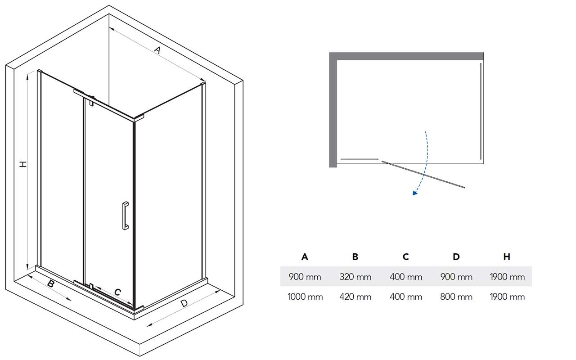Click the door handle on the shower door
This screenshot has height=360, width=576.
tap(125, 216)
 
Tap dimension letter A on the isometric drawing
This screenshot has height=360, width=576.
tap(157, 49)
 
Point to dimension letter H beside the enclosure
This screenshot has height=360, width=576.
tap(23, 164)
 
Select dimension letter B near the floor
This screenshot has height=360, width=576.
tap(51, 283)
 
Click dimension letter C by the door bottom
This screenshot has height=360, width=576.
tap(117, 292)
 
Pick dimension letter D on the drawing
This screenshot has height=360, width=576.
tap(184, 303)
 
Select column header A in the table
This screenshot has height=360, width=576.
tap(305, 256)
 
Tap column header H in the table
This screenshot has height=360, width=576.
tap(507, 256)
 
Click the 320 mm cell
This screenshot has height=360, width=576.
tap(355, 277)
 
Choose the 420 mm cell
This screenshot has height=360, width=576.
tap(355, 297)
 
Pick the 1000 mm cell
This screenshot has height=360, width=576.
tap(305, 297)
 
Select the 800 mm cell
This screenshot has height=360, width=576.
tap(456, 297)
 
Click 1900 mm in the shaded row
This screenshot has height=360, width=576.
tap(507, 277)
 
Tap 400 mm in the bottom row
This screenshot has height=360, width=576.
tap(406, 297)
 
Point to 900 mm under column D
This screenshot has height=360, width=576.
tap(456, 277)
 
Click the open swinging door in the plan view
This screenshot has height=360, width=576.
tap(423, 174)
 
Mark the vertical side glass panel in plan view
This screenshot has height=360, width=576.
tap(481, 111)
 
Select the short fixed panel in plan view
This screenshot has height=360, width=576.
tap(359, 159)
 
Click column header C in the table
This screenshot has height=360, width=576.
tap(406, 256)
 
